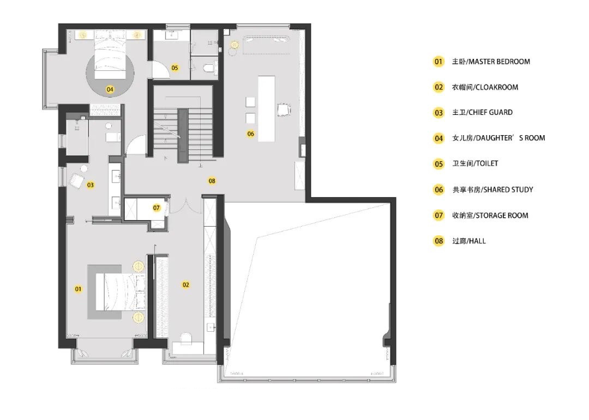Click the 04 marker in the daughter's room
point(110,89)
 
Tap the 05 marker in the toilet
point(175,68)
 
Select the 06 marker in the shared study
point(250,133)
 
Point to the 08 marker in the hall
point(212,181)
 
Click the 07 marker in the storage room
point(157,208)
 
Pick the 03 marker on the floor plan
point(90,185)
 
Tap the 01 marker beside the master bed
point(78,289)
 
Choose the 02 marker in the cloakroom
point(185,285)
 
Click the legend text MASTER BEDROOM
point(499,62)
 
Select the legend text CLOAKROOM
point(496,87)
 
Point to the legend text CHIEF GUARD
point(491,112)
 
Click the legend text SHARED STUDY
point(508,190)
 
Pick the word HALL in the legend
point(477,241)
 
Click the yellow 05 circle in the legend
point(438,164)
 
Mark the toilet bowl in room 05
point(208,68)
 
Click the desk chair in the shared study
point(284,109)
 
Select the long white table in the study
point(266,108)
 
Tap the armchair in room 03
point(76,180)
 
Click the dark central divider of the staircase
point(183,136)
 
